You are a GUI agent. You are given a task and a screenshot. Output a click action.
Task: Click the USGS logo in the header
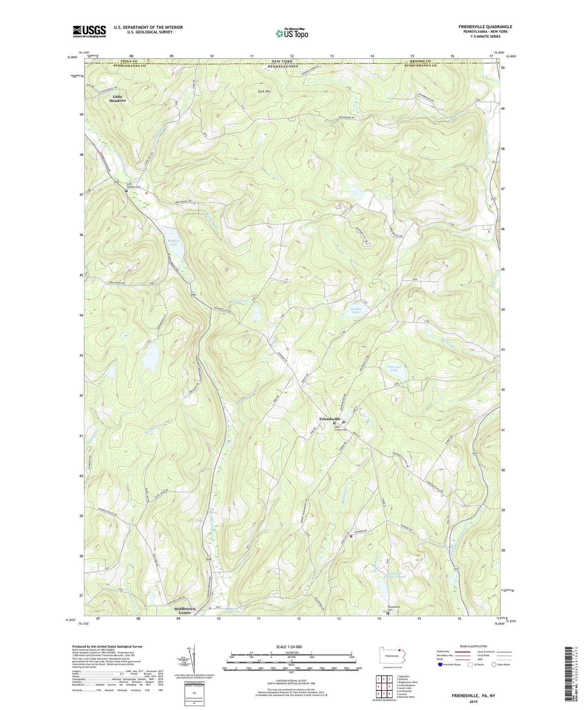pyautogui.click(x=89, y=31)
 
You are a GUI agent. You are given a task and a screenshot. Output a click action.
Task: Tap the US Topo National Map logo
pyautogui.click(x=292, y=33)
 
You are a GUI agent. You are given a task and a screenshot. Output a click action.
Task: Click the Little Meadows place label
pyautogui.click(x=117, y=99)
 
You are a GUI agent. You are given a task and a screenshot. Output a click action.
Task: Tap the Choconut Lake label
pyautogui.click(x=392, y=368)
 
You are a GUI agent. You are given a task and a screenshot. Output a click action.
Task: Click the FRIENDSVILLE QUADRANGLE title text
pyautogui.click(x=485, y=27)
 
